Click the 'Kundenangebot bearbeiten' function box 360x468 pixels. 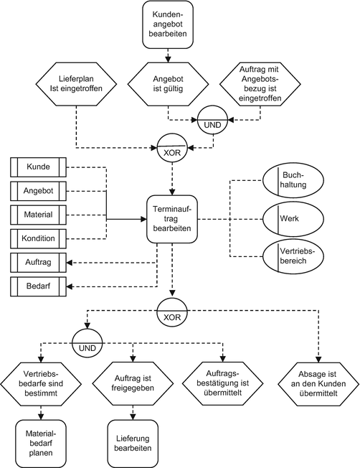[166, 25]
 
